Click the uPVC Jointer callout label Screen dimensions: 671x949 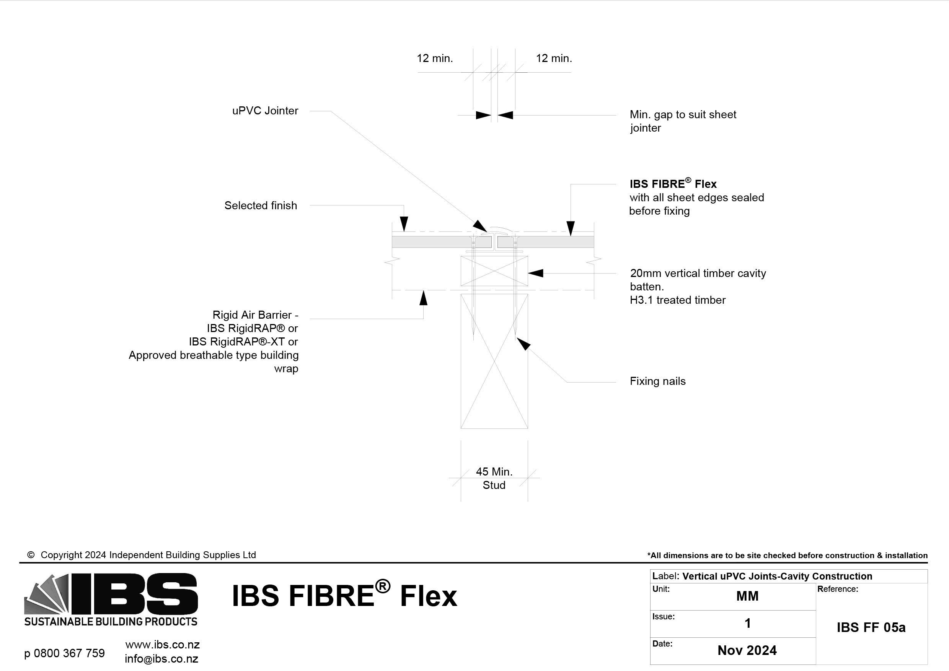point(265,111)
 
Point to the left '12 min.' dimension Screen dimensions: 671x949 point(434,58)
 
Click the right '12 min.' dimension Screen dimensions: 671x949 point(554,58)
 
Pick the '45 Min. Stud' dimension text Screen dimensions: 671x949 point(494,478)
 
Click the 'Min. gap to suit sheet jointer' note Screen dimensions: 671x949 point(683,121)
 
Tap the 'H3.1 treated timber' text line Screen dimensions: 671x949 point(677,300)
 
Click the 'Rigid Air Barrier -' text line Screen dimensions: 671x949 point(255,315)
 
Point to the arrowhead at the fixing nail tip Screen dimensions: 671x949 point(524,344)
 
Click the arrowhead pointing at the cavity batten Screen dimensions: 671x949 point(536,273)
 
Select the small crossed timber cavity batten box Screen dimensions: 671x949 point(494,271)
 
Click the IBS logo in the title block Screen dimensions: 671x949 point(111,599)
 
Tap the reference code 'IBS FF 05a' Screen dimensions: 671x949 point(871,627)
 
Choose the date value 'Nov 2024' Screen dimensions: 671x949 point(747,650)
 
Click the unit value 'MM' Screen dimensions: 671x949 point(747,596)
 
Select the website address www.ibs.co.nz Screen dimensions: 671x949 point(162,645)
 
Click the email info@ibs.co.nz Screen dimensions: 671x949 point(161,659)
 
